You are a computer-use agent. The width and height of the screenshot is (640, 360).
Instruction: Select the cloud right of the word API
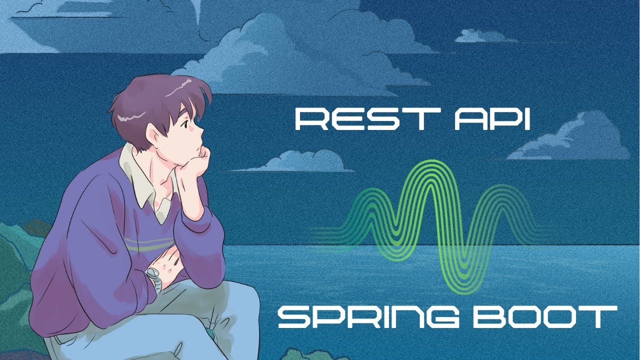575,140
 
